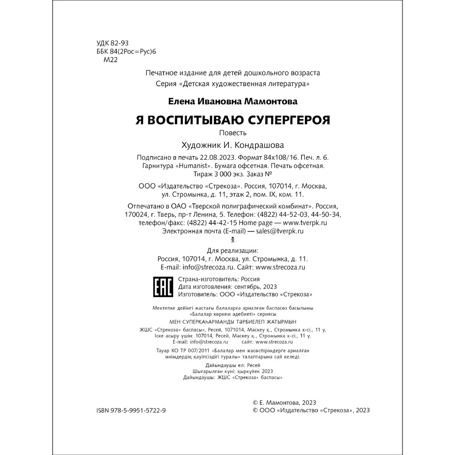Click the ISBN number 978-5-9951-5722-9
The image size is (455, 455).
131,410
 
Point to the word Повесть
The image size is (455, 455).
233,133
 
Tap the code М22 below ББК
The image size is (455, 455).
110,60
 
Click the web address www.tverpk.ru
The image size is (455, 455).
305,223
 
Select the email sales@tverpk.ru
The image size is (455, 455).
280,231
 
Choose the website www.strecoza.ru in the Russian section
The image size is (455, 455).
281,267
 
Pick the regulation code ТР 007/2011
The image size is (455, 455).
194,351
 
